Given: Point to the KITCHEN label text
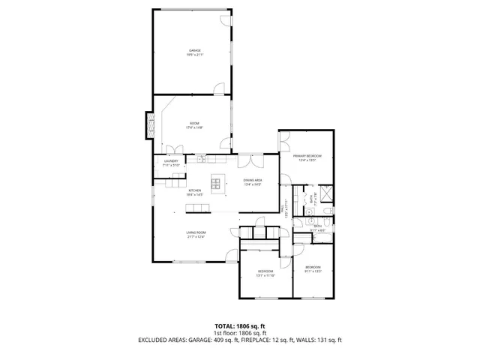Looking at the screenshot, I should [x=194, y=190].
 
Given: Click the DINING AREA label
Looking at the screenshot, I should [x=252, y=181].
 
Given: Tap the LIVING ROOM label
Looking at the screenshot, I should [x=196, y=233].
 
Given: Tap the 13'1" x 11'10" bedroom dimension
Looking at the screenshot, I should [x=265, y=275].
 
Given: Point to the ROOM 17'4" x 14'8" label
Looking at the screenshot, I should [x=194, y=124].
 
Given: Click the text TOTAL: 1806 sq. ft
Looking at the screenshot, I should [x=240, y=325].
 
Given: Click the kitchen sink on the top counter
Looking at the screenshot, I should [x=202, y=158].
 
